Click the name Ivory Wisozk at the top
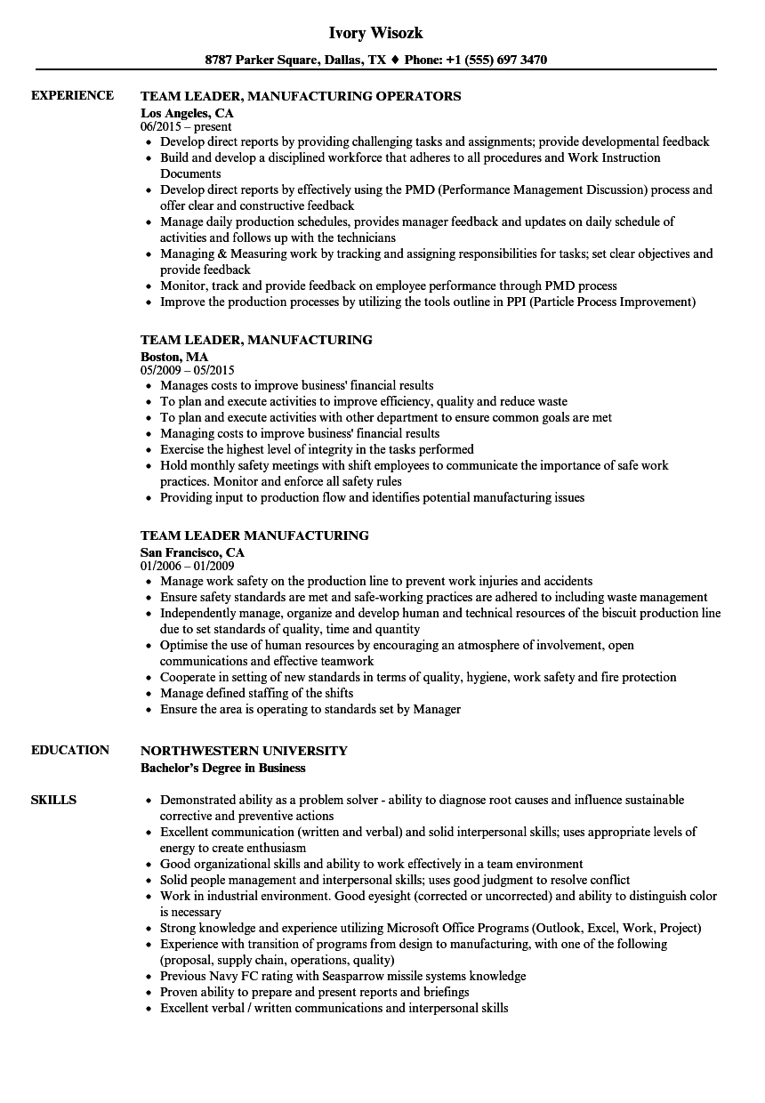pyautogui.click(x=375, y=33)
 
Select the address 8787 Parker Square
pyautogui.click(x=260, y=60)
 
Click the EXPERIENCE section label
pyautogui.click(x=72, y=95)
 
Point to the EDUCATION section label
pyautogui.click(x=70, y=750)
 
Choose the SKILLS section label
pyautogui.click(x=53, y=800)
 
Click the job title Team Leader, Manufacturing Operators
pyautogui.click(x=301, y=96)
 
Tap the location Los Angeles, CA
pyautogui.click(x=188, y=113)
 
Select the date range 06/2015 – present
pyautogui.click(x=186, y=127)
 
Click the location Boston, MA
pyautogui.click(x=174, y=357)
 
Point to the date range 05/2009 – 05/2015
pyautogui.click(x=188, y=371)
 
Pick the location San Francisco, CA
pyautogui.click(x=192, y=552)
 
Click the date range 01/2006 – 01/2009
pyautogui.click(x=188, y=567)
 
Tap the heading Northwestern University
pyautogui.click(x=244, y=751)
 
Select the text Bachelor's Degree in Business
pyautogui.click(x=222, y=768)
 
